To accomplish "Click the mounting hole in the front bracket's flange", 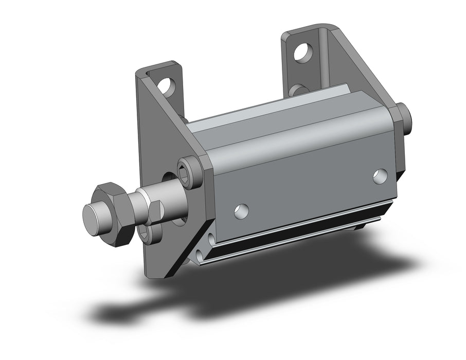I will point(166,85).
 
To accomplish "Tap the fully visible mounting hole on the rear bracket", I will point(306,50).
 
